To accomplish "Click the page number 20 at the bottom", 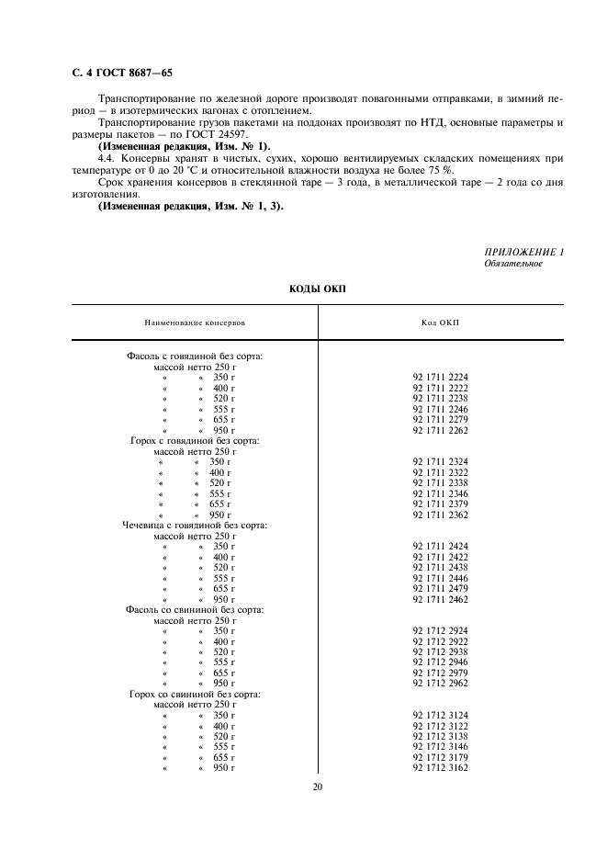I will [x=317, y=786].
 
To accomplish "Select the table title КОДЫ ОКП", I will [x=317, y=289].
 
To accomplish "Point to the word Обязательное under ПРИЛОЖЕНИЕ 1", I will [x=512, y=264].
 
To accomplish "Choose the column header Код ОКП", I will [x=440, y=322].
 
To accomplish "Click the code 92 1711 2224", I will [x=440, y=377].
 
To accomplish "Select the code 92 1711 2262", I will [x=440, y=430].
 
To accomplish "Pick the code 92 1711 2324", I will [x=440, y=461].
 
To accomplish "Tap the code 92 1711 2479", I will [x=440, y=588].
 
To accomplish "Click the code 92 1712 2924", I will [x=440, y=631].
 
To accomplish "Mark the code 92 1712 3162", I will [x=440, y=767].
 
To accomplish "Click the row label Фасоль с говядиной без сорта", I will [x=195, y=356].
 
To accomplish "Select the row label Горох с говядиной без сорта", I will [x=195, y=440].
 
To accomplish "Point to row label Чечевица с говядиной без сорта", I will [x=195, y=525].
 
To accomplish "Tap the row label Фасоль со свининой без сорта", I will [x=195, y=609].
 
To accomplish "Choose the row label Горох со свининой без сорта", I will [x=195, y=694].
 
